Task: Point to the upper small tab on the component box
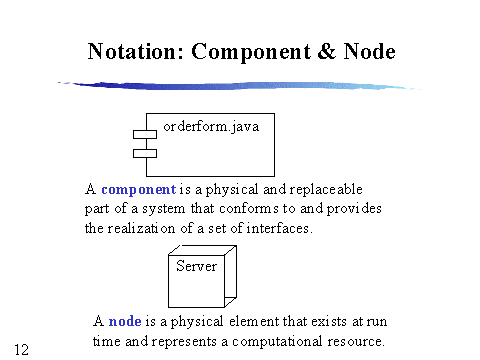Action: [145, 134]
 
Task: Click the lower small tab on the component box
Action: [145, 153]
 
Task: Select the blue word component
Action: [138, 189]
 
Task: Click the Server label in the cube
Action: [196, 266]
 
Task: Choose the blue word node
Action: [124, 322]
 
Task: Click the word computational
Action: [277, 341]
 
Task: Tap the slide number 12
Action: [22, 349]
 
